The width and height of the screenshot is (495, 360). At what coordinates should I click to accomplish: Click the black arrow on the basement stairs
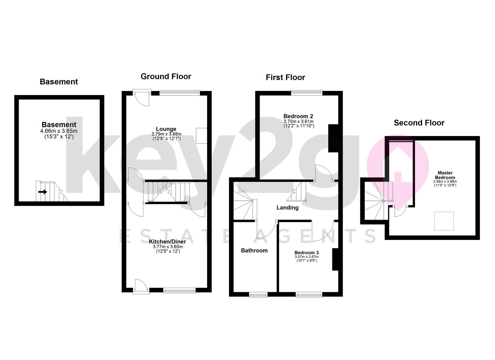click(43, 192)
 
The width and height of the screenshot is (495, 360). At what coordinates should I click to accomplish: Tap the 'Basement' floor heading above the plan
click(59, 82)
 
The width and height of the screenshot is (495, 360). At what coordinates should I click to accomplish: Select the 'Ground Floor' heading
click(166, 76)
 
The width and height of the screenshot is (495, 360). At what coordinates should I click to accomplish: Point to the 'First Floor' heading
click(285, 77)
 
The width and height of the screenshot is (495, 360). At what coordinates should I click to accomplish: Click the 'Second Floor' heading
click(419, 123)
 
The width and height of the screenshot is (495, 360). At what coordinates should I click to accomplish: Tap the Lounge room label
click(166, 129)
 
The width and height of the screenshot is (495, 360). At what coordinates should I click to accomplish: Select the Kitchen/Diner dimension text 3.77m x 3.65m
click(168, 247)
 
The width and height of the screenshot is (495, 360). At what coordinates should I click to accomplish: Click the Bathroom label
click(254, 250)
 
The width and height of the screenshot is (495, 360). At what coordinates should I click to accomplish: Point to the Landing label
click(287, 208)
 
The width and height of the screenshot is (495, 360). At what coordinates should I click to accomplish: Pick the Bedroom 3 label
click(307, 253)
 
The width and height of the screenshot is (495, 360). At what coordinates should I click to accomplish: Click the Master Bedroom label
click(445, 175)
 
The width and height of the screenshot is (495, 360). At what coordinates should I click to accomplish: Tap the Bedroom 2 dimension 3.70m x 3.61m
click(299, 121)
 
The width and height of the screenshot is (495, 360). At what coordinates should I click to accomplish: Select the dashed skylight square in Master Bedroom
click(444, 221)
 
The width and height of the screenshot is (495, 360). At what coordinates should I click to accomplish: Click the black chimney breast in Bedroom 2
click(333, 138)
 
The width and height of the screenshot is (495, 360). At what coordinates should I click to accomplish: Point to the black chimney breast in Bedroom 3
click(335, 259)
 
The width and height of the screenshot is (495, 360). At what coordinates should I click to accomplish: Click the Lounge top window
click(180, 93)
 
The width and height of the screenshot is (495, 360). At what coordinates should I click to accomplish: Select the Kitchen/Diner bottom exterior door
click(141, 286)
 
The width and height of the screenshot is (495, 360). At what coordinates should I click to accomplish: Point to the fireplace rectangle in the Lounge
click(201, 136)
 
